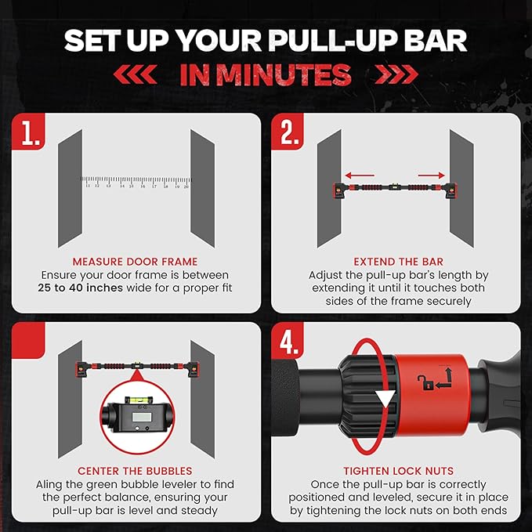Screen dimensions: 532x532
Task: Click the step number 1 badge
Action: pyautogui.click(x=28, y=132)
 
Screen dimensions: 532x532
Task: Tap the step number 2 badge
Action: pyautogui.click(x=288, y=132)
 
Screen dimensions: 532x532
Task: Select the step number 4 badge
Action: pyautogui.click(x=288, y=340)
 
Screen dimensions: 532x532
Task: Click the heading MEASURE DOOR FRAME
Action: pyautogui.click(x=135, y=262)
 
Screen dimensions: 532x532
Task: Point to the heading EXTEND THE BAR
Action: pyautogui.click(x=398, y=262)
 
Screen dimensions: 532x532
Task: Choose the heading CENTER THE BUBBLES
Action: pyautogui.click(x=135, y=471)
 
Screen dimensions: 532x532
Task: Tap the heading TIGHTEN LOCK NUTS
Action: pyautogui.click(x=398, y=471)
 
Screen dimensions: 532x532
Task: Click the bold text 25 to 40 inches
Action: pyautogui.click(x=80, y=288)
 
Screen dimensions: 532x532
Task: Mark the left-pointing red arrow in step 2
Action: pyautogui.click(x=360, y=176)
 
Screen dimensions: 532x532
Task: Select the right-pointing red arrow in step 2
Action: pyautogui.click(x=431, y=176)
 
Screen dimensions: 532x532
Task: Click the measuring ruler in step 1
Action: pyautogui.click(x=136, y=182)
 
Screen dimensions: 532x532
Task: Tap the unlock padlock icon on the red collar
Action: pyautogui.click(x=425, y=382)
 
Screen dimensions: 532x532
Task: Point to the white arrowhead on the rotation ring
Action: pyautogui.click(x=385, y=398)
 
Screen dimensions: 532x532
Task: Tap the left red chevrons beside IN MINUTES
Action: pyautogui.click(x=135, y=74)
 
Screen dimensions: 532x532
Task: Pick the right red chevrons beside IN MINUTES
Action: pyautogui.click(x=396, y=74)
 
